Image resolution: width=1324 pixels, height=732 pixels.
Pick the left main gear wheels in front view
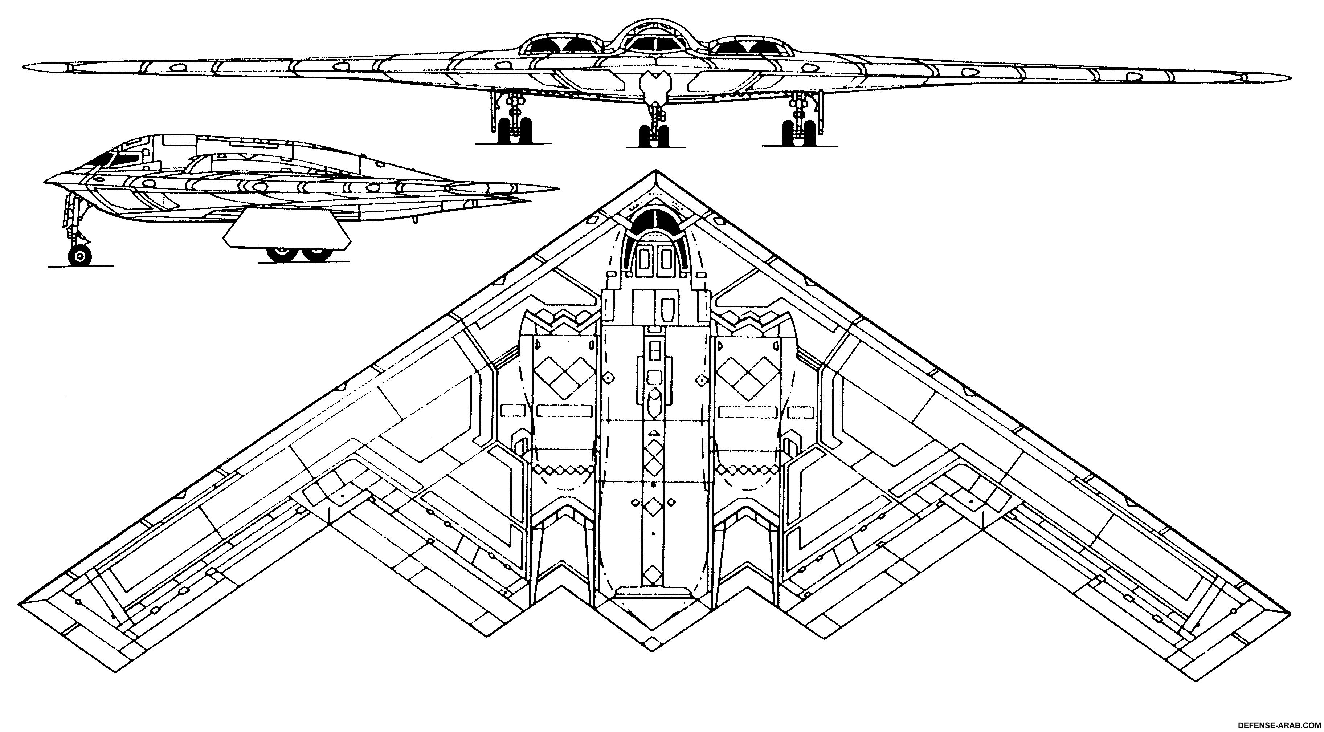pyautogui.click(x=514, y=131)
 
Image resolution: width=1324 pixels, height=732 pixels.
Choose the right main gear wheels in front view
pyautogui.click(x=795, y=131)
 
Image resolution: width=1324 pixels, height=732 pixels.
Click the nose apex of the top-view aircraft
pyautogui.click(x=655, y=172)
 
